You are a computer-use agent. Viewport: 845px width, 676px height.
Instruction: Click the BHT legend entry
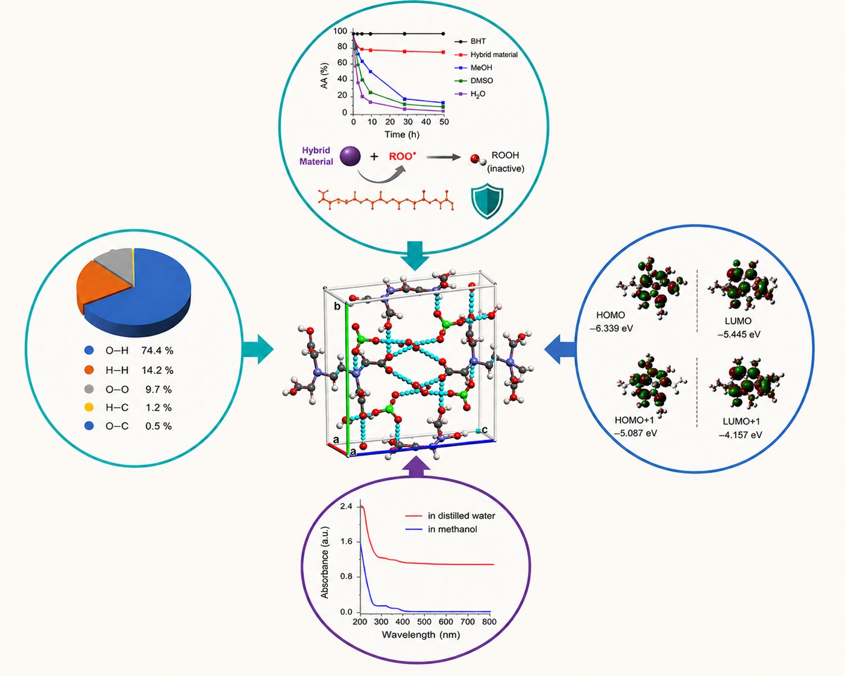click(470, 41)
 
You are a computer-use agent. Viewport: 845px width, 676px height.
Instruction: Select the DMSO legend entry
click(474, 81)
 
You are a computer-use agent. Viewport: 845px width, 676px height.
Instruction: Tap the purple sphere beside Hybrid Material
click(350, 156)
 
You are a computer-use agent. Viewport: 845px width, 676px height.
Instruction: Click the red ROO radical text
click(402, 156)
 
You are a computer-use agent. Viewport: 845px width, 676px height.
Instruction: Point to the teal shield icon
click(487, 201)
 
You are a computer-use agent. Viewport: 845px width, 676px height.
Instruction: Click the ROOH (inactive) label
click(505, 161)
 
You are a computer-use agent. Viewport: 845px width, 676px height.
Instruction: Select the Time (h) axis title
click(401, 134)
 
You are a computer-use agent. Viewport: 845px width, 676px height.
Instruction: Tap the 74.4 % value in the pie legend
click(157, 351)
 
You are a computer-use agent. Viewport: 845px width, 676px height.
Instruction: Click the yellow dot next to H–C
click(89, 407)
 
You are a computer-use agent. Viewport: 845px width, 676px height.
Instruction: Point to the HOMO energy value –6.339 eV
click(611, 328)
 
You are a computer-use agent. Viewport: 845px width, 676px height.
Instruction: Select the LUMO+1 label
click(741, 422)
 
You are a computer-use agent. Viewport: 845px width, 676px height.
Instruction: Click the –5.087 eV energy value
click(635, 433)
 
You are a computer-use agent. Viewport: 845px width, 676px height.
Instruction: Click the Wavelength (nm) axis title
click(421, 635)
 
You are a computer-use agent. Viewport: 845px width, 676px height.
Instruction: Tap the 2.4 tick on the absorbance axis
click(347, 507)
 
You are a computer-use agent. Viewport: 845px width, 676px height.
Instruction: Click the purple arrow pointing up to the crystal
click(416, 467)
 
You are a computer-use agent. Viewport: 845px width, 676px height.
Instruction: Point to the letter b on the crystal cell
click(337, 306)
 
